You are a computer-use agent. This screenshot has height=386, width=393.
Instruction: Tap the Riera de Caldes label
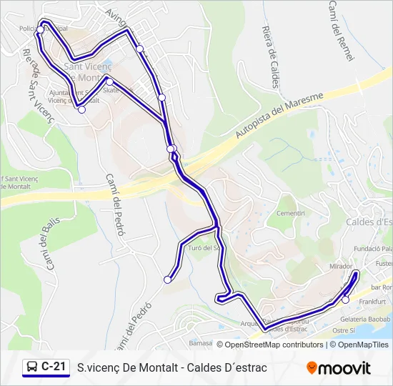[270, 56]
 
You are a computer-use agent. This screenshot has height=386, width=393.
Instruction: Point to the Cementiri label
[291, 214]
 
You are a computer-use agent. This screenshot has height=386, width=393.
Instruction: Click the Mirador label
[341, 266]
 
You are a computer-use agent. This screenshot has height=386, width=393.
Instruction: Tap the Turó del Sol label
[204, 248]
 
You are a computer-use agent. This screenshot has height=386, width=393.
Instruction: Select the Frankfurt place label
[372, 302]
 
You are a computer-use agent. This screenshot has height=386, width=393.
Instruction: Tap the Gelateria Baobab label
[365, 319]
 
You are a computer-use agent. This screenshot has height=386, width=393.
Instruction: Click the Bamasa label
[202, 344]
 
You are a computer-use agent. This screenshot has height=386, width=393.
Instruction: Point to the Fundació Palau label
[373, 249]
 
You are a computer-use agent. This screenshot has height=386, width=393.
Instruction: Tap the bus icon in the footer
[32, 367]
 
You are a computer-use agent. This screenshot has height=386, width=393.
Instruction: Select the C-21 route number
[54, 367]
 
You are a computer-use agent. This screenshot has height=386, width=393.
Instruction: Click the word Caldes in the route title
[204, 368]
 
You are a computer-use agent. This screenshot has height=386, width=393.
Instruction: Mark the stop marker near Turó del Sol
[168, 279]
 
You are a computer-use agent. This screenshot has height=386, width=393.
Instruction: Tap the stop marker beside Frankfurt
[346, 300]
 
